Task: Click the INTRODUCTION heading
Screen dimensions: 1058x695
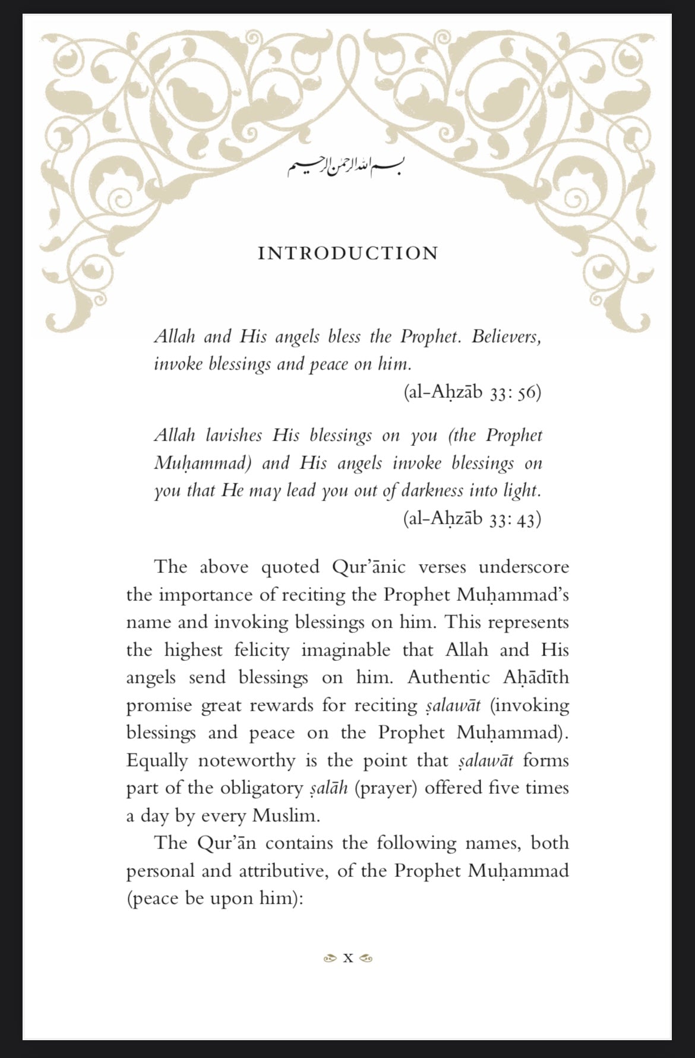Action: (348, 254)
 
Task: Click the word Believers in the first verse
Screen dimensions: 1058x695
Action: (506, 337)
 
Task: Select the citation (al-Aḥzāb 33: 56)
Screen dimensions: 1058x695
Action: (472, 392)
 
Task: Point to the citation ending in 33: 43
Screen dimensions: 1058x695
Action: (472, 519)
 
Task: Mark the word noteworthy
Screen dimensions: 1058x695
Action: (246, 761)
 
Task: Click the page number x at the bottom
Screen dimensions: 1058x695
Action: (348, 958)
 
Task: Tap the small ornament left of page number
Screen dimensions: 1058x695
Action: (328, 958)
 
